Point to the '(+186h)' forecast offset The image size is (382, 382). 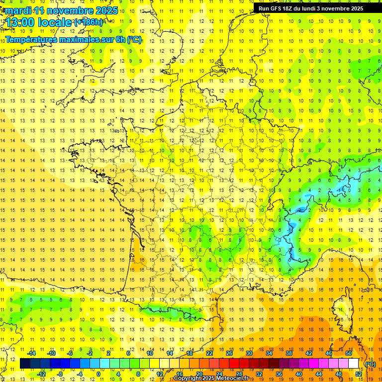pyautogui.click(x=89, y=22)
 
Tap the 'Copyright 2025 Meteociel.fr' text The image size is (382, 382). pyautogui.click(x=211, y=379)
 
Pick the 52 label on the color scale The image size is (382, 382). pyautogui.click(x=359, y=374)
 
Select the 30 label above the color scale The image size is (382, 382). pyautogui.click(x=249, y=353)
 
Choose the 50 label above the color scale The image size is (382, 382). pyautogui.click(x=348, y=353)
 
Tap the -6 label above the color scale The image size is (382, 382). pyautogui.click(x=70, y=353)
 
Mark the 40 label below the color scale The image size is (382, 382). pyautogui.click(x=299, y=374)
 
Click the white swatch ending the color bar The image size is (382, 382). pyautogui.click(x=353, y=364)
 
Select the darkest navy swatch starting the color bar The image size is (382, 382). pyautogui.click(x=25, y=364)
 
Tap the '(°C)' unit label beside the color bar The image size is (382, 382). pyautogui.click(x=370, y=364)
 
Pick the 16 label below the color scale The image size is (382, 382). pyautogui.click(x=180, y=374)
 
